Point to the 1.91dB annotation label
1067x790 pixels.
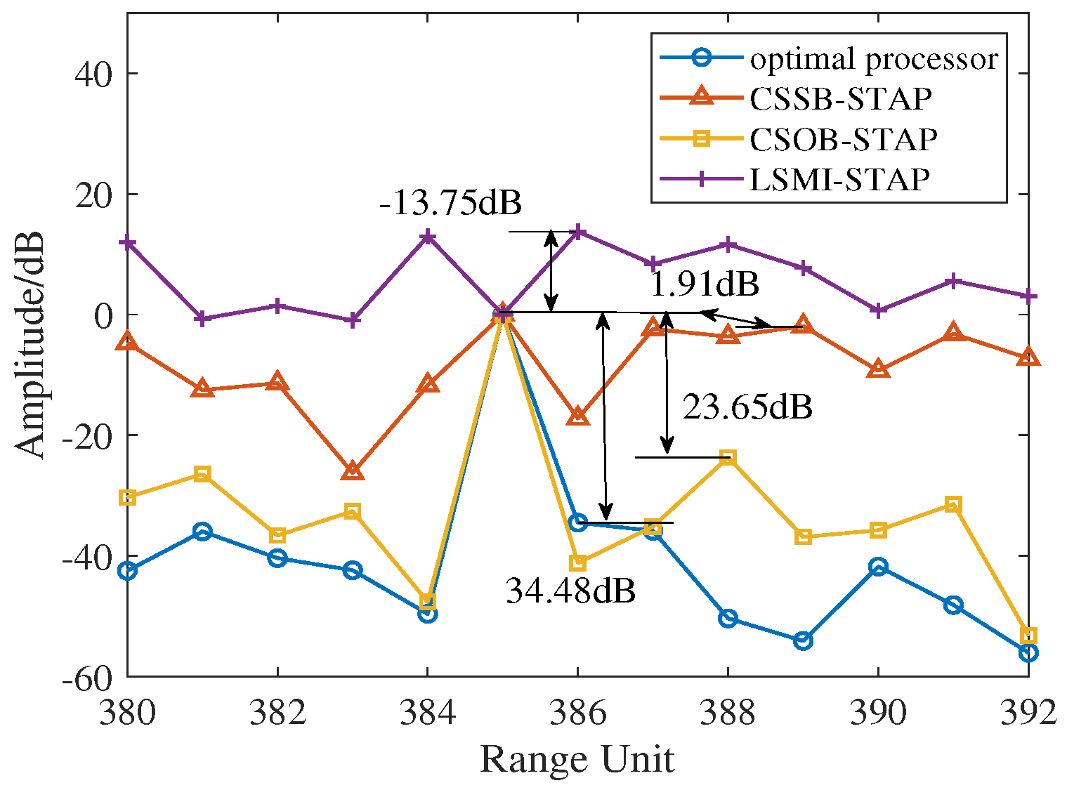point(705,284)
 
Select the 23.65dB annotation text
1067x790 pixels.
point(747,407)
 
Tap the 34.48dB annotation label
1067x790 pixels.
point(570,591)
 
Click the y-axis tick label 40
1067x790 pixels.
point(93,74)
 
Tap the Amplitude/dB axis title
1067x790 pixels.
point(30,344)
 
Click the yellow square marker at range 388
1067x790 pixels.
point(728,458)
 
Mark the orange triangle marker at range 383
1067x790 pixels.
point(353,471)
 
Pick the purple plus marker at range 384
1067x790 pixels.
point(427,237)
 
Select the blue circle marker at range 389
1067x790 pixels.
point(803,640)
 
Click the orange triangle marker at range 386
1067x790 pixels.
point(577,416)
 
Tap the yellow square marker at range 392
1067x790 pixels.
point(1028,636)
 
